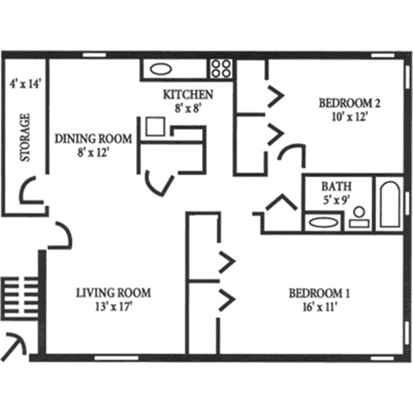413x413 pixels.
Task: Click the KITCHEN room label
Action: coord(188,94)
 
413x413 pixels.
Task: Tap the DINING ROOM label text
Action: coord(93,139)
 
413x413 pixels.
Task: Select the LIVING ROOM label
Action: coord(113,292)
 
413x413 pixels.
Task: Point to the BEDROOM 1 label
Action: coord(320,293)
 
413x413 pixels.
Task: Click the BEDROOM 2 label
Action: coord(349,103)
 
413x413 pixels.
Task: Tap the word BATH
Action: coord(336,187)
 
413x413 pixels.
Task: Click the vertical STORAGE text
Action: coord(25,137)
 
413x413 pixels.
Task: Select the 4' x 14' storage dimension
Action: coord(25,83)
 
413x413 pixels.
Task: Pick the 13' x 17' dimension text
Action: coord(114,306)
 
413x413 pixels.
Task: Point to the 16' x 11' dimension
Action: coord(320,306)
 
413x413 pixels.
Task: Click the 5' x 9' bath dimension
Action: coord(336,200)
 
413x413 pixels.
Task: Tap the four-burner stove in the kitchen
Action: coord(221,69)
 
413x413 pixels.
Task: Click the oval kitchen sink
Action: coord(161,69)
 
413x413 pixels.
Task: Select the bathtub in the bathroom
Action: coord(390,204)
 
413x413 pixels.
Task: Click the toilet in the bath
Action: coord(359,217)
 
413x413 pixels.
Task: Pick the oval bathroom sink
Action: coord(323,222)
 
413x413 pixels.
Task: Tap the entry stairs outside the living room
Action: coord(20,299)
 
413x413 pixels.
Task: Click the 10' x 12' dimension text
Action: coord(349,117)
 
